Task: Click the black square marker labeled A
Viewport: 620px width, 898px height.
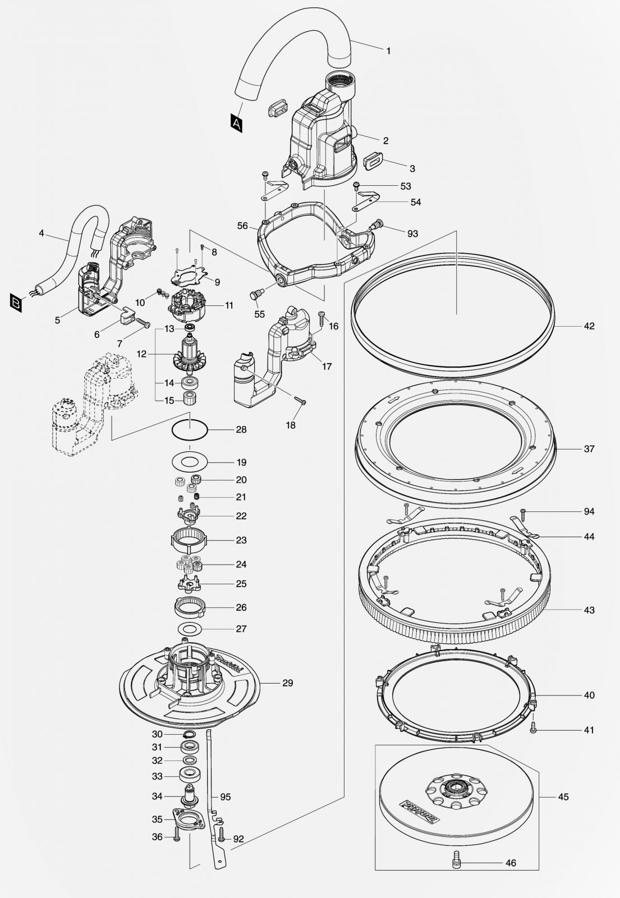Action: click(x=236, y=122)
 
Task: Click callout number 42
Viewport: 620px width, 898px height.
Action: click(x=589, y=326)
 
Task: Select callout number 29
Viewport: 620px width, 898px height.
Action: click(x=287, y=682)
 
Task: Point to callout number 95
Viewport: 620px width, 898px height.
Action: click(x=225, y=796)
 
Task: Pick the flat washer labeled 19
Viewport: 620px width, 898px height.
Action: click(x=189, y=462)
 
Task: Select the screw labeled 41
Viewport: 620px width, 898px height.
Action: click(x=534, y=729)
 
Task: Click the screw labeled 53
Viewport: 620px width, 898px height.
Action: click(x=356, y=186)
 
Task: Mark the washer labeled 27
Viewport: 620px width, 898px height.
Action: click(x=189, y=628)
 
